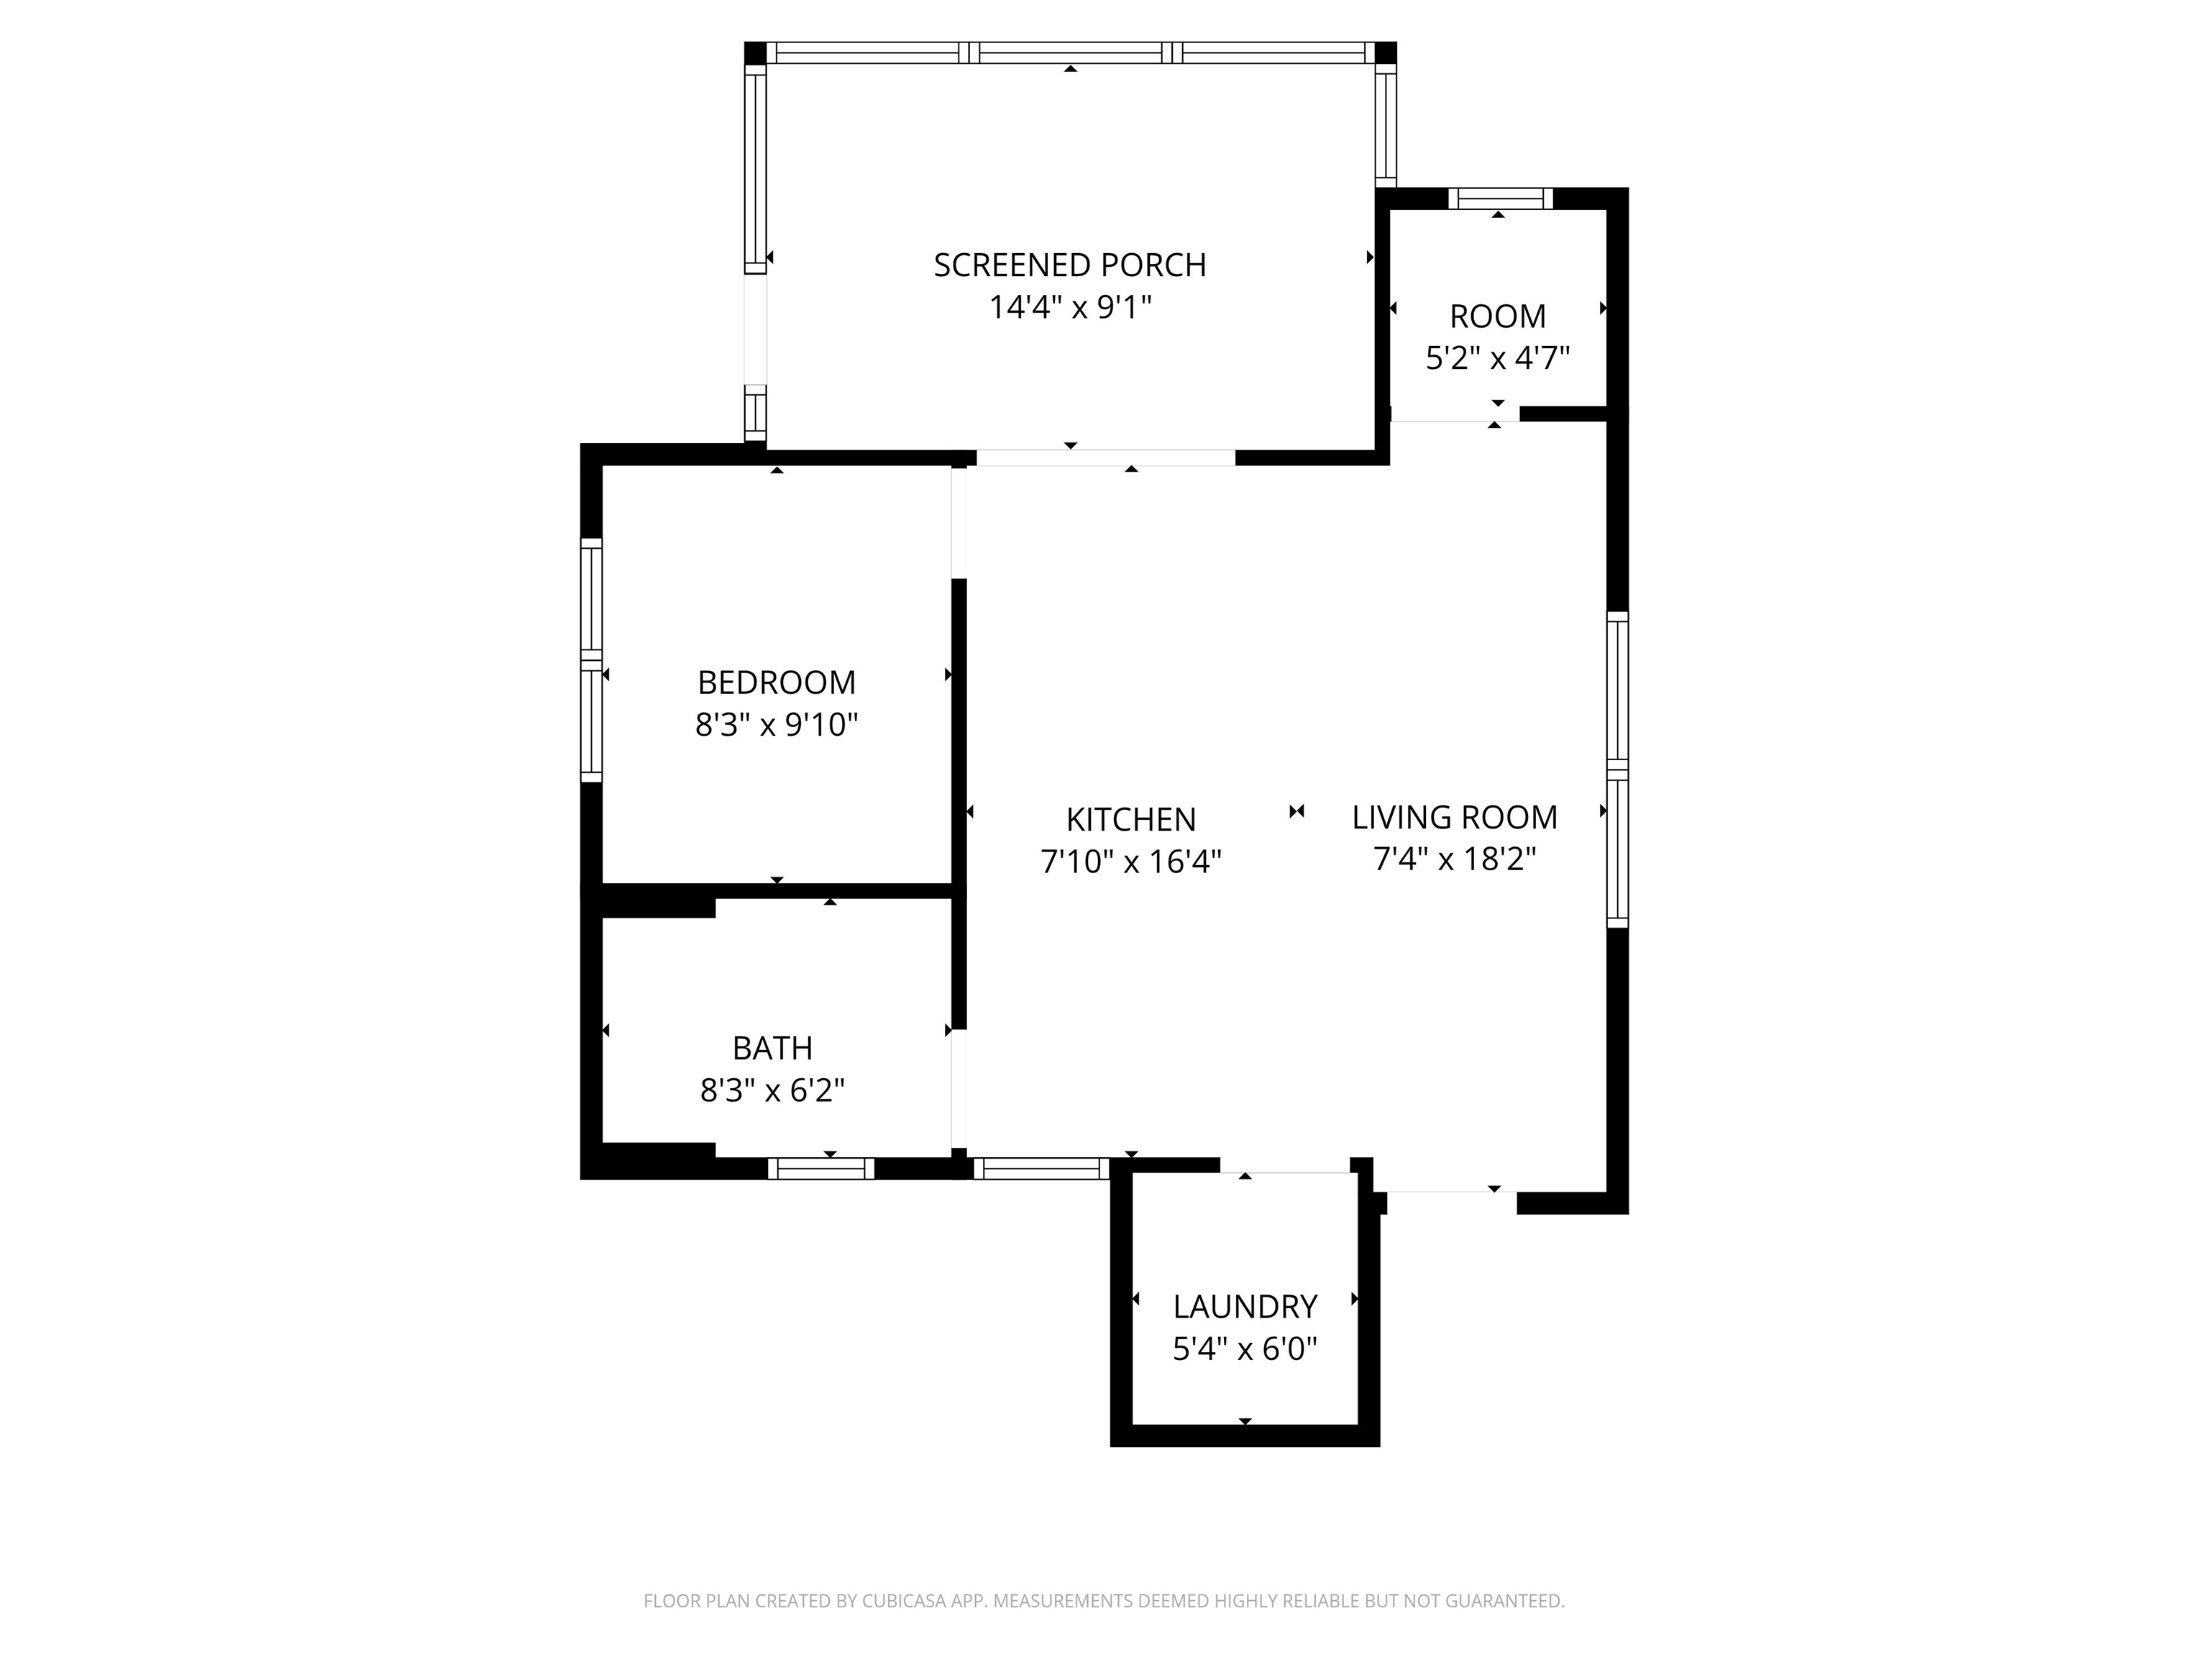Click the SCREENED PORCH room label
click(1069, 265)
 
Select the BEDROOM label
click(776, 683)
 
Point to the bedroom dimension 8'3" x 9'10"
click(776, 724)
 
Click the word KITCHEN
click(1130, 819)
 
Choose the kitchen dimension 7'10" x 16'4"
click(1130, 861)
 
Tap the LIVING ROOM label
click(1454, 817)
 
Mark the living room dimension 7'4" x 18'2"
click(1454, 859)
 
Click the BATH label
click(772, 1048)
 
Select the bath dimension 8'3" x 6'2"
click(772, 1090)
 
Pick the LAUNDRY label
click(1244, 1307)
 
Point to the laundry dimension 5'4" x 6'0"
click(1244, 1349)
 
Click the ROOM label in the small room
click(1497, 316)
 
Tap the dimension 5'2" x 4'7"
click(1497, 357)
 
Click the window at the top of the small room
click(1500, 198)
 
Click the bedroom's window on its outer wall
click(591, 660)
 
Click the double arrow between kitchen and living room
click(1296, 812)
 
